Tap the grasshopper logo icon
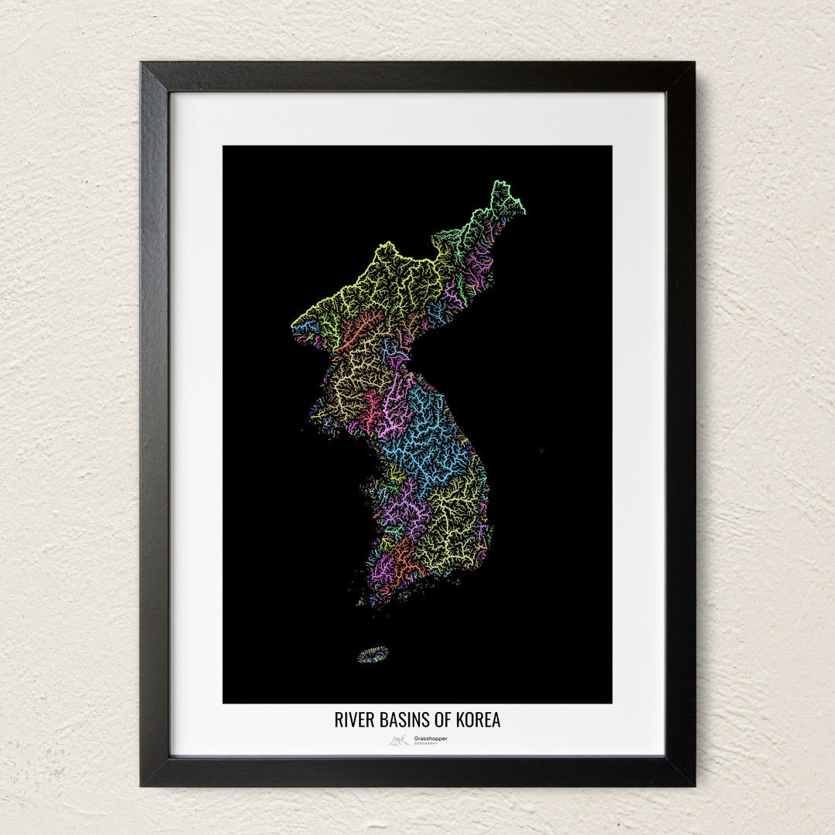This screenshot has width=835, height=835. [399, 740]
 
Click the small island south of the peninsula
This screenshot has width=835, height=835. [373, 655]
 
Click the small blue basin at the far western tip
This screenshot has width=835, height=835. [306, 327]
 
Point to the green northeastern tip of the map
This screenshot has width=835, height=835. [504, 197]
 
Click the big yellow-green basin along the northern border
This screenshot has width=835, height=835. [387, 282]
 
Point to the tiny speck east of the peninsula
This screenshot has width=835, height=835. [541, 449]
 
